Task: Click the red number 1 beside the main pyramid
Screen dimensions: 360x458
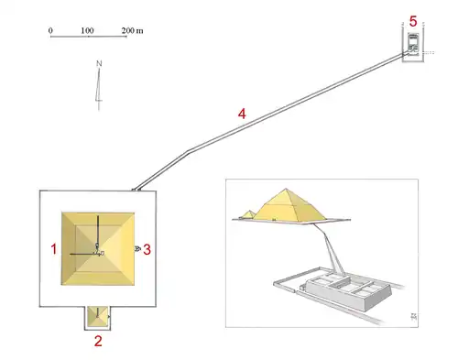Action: (x=54, y=248)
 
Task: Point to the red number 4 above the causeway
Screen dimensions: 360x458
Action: (x=242, y=115)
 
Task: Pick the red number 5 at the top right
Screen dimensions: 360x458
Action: (x=413, y=20)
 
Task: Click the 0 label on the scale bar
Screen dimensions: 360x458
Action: (x=51, y=30)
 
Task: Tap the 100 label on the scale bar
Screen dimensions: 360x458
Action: (x=88, y=30)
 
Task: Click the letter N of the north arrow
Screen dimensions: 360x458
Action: (x=98, y=64)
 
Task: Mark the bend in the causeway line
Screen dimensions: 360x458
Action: (x=188, y=149)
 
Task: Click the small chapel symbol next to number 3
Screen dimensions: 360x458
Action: (x=137, y=249)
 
